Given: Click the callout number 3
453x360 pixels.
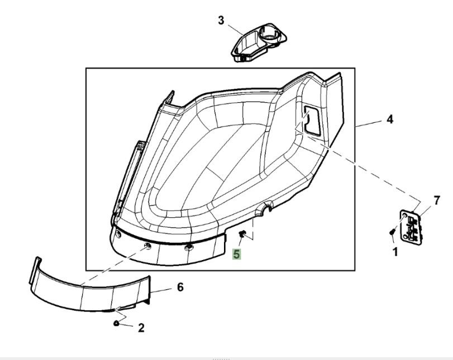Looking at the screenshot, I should [221, 21].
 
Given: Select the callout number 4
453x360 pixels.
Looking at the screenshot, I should [389, 119].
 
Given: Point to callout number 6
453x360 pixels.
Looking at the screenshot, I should [180, 287].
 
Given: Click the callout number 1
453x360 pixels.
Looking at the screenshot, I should [395, 252].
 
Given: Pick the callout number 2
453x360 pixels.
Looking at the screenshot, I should [141, 328].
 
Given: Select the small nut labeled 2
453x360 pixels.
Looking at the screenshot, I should [116, 323].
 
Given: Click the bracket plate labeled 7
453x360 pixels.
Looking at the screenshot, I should [413, 227].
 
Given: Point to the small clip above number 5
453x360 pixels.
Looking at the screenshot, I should [242, 234].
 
